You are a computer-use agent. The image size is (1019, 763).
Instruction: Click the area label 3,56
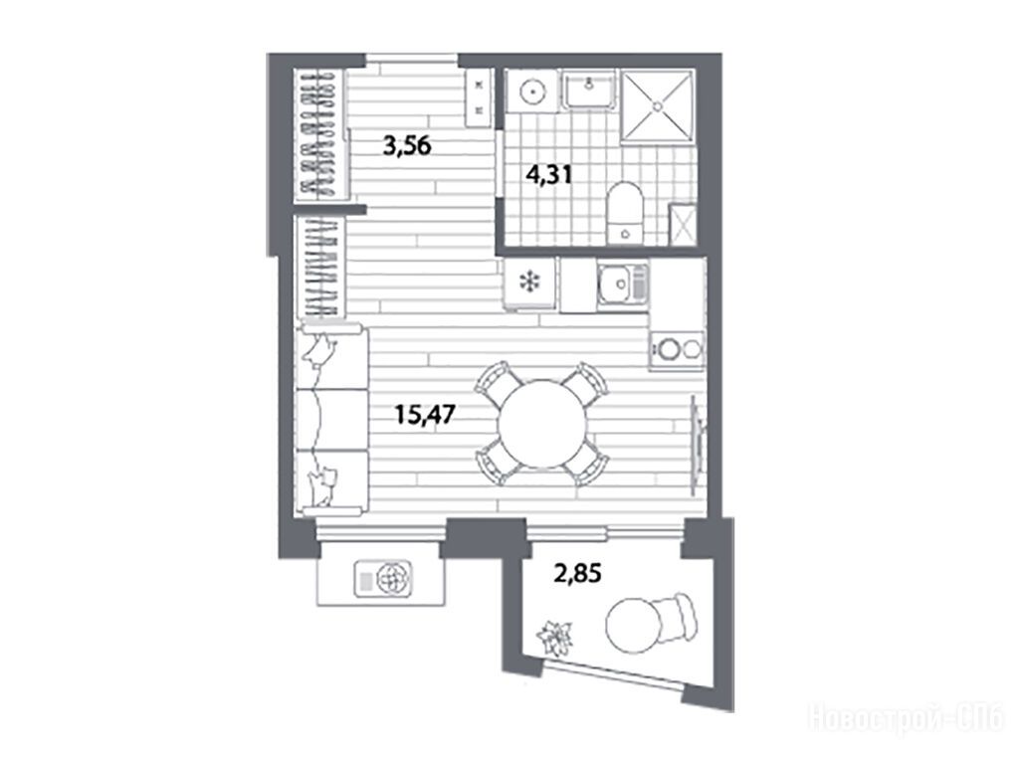pyautogui.click(x=407, y=146)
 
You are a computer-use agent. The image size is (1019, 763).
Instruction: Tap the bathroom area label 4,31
pyautogui.click(x=549, y=175)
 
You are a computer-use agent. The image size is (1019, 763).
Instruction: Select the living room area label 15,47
pyautogui.click(x=426, y=413)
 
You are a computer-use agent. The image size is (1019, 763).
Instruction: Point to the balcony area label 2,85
pyautogui.click(x=577, y=574)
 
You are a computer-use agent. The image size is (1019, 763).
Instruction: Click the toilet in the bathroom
pyautogui.click(x=625, y=213)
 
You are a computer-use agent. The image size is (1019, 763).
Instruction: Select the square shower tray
pyautogui.click(x=658, y=105)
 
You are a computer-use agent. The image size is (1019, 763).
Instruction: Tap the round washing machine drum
pyautogui.click(x=532, y=93)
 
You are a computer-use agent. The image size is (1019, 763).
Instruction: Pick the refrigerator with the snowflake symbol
pyautogui.click(x=529, y=283)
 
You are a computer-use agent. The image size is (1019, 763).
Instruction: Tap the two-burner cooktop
pyautogui.click(x=677, y=350)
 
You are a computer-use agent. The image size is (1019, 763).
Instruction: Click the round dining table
pyautogui.click(x=542, y=424)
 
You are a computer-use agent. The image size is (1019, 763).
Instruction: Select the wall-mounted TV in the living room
pyautogui.click(x=698, y=438)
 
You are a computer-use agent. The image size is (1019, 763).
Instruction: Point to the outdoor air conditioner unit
pyautogui.click(x=383, y=578)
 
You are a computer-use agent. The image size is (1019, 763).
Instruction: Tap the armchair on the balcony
pyautogui.click(x=677, y=615)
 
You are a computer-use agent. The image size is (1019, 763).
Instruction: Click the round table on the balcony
pyautogui.click(x=633, y=625)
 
